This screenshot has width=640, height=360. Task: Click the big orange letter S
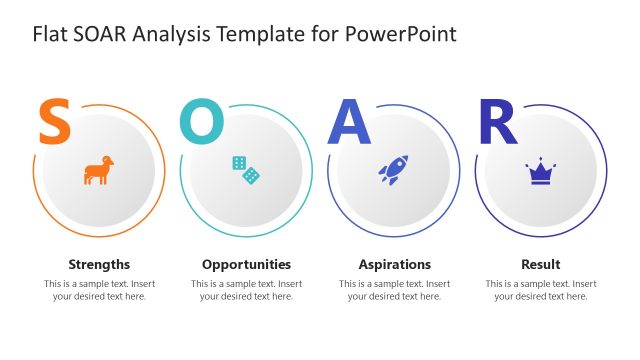tap(54, 122)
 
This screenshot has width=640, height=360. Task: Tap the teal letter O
tap(202, 122)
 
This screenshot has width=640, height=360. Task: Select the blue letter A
tap(350, 122)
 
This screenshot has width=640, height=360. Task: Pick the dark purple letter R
tap(498, 122)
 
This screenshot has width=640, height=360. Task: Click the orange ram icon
tap(98, 170)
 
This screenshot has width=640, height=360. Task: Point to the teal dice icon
tap(246, 170)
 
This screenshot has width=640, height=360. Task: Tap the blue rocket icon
tap(392, 170)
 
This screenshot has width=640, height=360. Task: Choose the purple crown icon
tap(541, 172)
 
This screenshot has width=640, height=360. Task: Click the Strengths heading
tap(99, 265)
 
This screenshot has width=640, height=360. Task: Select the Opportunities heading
tap(246, 265)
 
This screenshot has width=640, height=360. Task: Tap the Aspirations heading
tap(394, 265)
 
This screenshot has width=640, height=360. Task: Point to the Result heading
tap(541, 265)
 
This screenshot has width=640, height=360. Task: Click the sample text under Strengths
tap(99, 290)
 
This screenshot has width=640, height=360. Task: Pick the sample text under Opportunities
tap(246, 290)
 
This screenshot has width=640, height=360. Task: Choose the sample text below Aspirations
tap(394, 290)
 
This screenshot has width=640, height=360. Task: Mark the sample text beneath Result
tap(541, 290)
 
